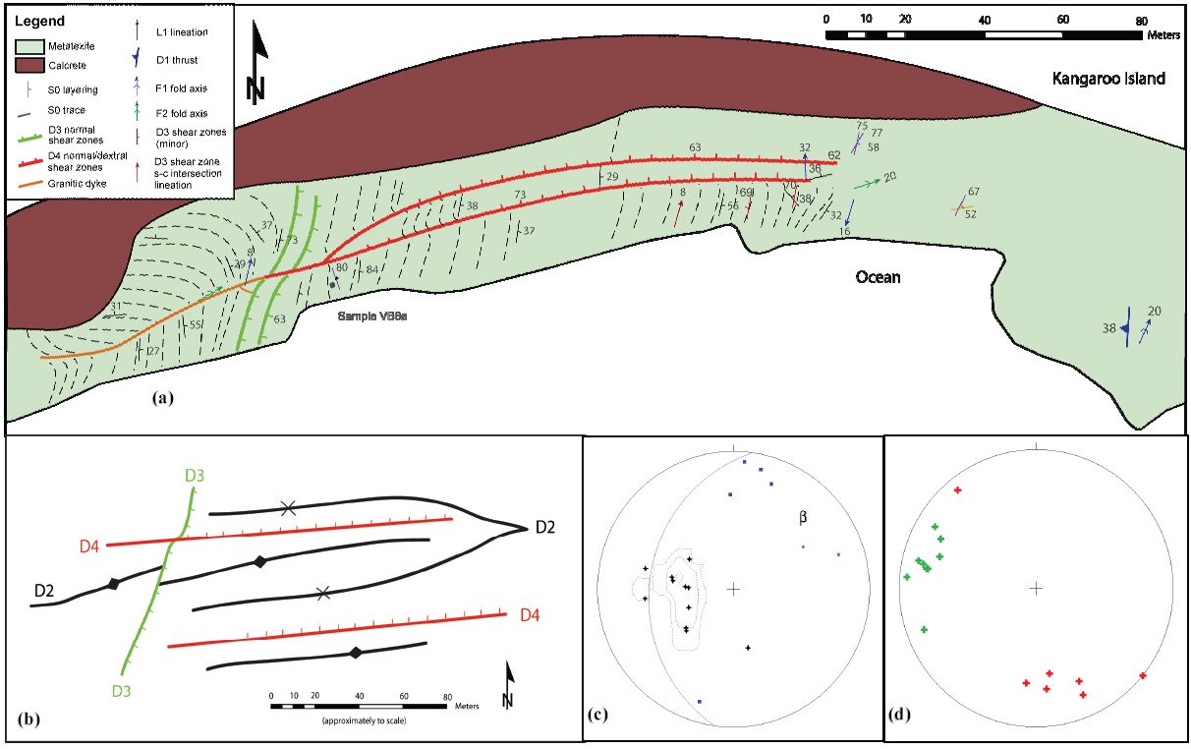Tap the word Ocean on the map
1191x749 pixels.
tap(877, 277)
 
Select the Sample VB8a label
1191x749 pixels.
tap(372, 317)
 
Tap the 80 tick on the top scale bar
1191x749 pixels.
tap(1140, 19)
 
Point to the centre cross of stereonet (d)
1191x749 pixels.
tap(1035, 588)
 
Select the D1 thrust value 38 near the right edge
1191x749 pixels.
tap(1109, 328)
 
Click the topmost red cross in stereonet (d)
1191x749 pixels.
tap(957, 490)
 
